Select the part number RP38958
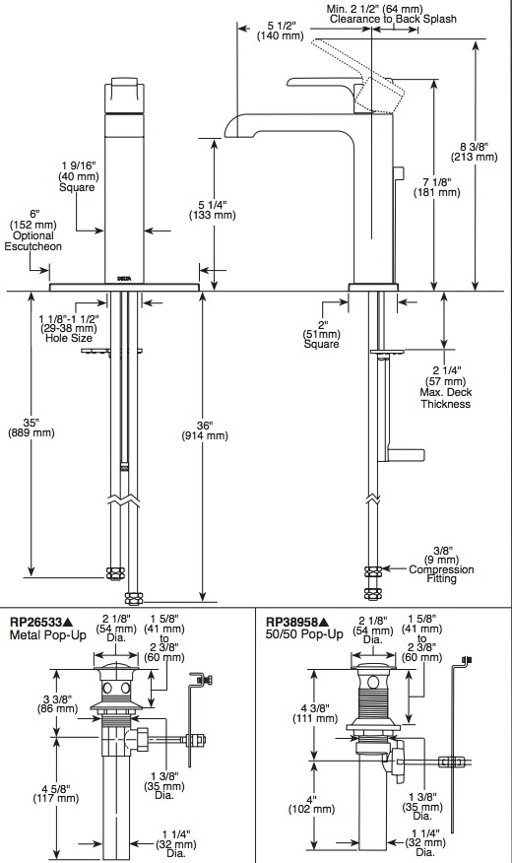point(291,623)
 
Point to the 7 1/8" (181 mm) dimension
point(436,187)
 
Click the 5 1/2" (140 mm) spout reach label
point(282,31)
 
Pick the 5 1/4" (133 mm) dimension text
point(213,210)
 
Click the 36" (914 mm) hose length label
point(205,431)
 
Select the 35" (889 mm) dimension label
point(32,428)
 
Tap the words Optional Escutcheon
point(33,241)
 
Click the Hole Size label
point(69,338)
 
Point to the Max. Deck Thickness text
point(446,398)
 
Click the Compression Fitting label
point(441,574)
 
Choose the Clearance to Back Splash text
point(393,20)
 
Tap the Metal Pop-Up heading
point(48,635)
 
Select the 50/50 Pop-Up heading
point(304,634)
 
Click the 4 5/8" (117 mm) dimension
point(56,793)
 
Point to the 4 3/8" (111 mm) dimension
point(315,713)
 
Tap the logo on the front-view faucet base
point(124,279)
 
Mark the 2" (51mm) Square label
point(321,334)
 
